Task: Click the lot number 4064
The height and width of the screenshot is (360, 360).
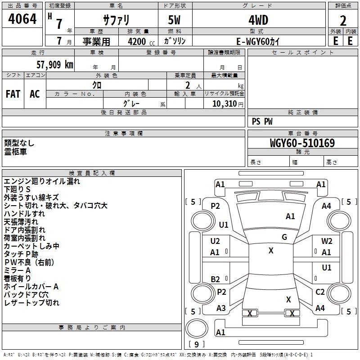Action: pos(22,20)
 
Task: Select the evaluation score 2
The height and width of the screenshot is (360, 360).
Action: pos(343,20)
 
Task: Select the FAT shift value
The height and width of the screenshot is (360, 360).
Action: pos(13,94)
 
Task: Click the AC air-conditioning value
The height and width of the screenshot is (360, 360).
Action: pos(35,94)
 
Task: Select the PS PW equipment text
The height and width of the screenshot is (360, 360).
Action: pos(262,121)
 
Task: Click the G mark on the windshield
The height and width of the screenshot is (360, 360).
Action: pos(284,237)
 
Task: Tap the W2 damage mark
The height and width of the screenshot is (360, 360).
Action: pos(327,241)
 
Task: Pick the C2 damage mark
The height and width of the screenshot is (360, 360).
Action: pos(320,292)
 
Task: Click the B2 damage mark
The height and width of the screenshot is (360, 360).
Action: pos(216,279)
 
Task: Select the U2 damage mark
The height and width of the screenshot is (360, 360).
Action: pos(215,241)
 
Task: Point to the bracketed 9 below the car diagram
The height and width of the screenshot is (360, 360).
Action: pos(197,345)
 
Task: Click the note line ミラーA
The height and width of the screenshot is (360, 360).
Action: pos(17,270)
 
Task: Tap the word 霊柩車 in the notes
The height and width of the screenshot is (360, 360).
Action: pos(16,152)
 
